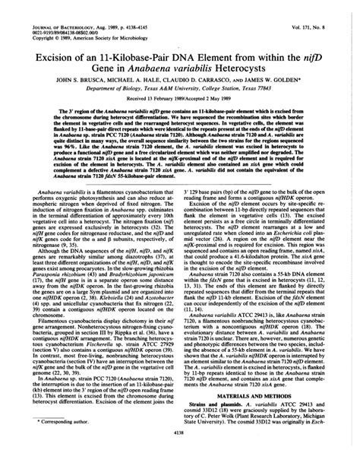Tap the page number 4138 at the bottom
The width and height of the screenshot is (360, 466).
(180, 453)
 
